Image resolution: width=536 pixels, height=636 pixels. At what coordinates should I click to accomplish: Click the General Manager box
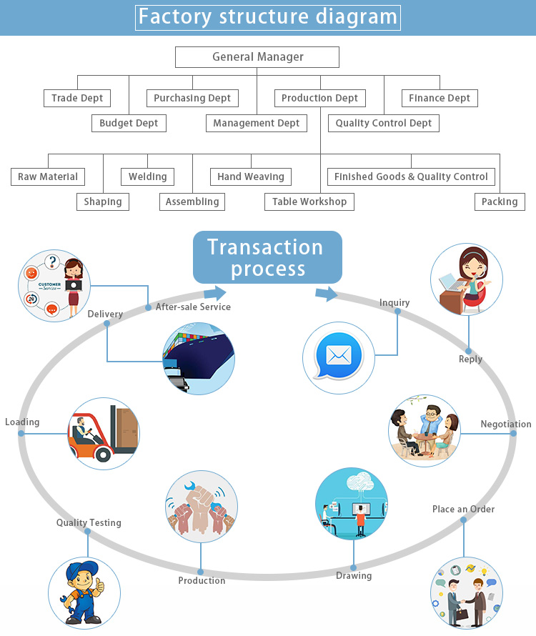click(257, 57)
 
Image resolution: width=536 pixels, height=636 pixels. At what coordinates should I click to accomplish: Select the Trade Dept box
click(77, 98)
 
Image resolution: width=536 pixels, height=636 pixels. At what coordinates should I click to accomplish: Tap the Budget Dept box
click(129, 123)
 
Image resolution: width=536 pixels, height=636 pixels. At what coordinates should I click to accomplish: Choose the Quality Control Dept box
click(384, 123)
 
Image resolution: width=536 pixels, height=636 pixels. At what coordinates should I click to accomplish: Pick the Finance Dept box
click(440, 98)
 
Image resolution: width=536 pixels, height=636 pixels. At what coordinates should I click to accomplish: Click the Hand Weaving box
click(251, 177)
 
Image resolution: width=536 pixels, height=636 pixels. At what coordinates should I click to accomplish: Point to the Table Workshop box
click(309, 202)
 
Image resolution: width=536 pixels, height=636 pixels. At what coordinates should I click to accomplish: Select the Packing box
click(500, 202)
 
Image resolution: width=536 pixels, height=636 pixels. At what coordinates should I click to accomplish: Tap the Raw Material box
click(48, 177)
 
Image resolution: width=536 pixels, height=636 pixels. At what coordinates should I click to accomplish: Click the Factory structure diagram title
click(268, 17)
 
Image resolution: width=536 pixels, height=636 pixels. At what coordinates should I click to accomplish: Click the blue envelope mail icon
click(339, 355)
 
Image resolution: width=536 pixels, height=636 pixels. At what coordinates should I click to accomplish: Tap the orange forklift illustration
click(104, 433)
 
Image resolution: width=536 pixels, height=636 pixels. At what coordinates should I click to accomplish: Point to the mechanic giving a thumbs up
click(84, 592)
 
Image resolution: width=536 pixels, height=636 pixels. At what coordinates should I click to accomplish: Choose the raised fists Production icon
click(201, 506)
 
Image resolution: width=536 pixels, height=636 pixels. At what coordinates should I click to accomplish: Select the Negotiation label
click(505, 424)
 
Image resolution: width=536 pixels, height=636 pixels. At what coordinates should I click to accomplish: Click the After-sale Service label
click(193, 307)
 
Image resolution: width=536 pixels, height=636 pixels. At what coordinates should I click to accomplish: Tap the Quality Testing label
click(89, 523)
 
